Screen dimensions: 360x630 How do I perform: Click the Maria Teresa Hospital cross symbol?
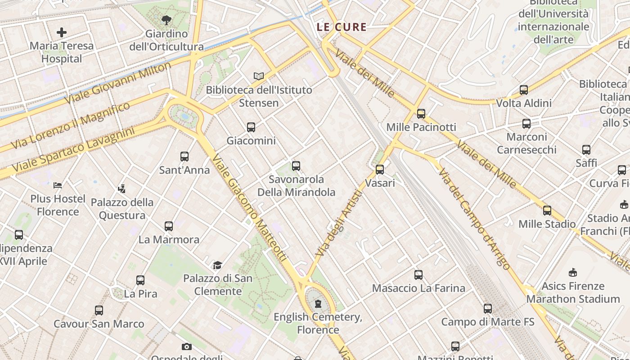coord(62,32)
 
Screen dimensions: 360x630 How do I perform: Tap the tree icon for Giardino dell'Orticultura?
coord(166,20)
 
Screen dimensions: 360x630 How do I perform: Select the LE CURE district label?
coord(342,27)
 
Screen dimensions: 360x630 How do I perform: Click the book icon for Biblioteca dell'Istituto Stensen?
coord(258,76)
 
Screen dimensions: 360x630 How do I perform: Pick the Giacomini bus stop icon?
coord(251,127)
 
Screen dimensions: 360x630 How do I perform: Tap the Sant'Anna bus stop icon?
coord(184,157)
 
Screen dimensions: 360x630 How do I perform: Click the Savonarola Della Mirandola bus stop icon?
coord(296,166)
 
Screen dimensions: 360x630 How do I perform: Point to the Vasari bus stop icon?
coord(380,170)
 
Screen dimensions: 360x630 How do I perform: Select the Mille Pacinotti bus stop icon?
coord(421,114)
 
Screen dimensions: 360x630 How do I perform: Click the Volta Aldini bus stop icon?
coord(524,90)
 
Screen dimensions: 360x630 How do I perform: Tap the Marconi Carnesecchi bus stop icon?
coord(526,123)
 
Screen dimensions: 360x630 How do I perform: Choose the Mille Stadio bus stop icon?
coord(547,210)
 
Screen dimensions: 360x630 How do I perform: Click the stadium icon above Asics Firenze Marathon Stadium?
coord(573,272)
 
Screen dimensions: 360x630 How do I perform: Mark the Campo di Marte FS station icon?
coord(488,309)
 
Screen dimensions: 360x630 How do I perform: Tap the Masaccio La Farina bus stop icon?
coord(418,274)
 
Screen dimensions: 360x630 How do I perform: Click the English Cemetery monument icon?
coord(319,304)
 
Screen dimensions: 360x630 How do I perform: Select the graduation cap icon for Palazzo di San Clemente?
coord(218,265)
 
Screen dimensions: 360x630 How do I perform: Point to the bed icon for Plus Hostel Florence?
coord(58,185)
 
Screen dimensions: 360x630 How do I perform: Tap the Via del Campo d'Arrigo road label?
coord(474,219)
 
